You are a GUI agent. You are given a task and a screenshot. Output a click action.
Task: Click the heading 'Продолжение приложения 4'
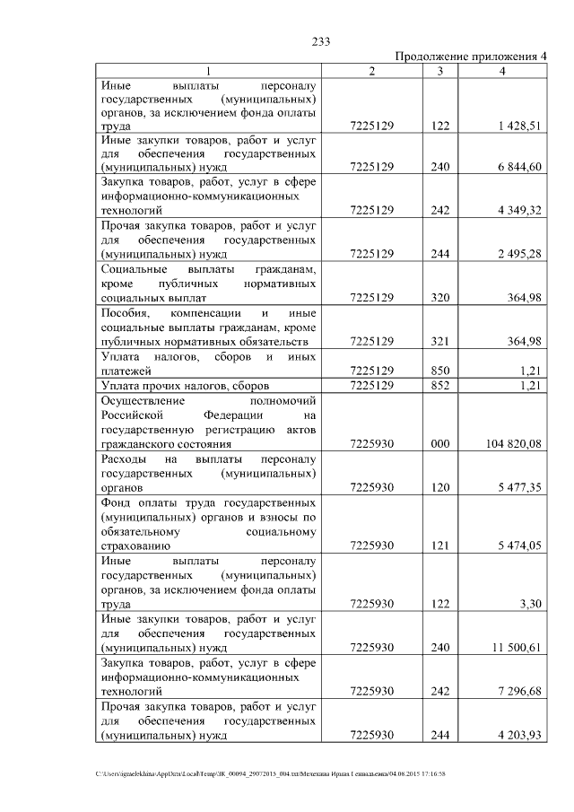click(x=470, y=57)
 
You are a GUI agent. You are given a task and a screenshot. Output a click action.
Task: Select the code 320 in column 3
click(x=439, y=297)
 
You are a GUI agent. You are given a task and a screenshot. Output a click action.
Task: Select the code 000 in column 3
click(x=439, y=443)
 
